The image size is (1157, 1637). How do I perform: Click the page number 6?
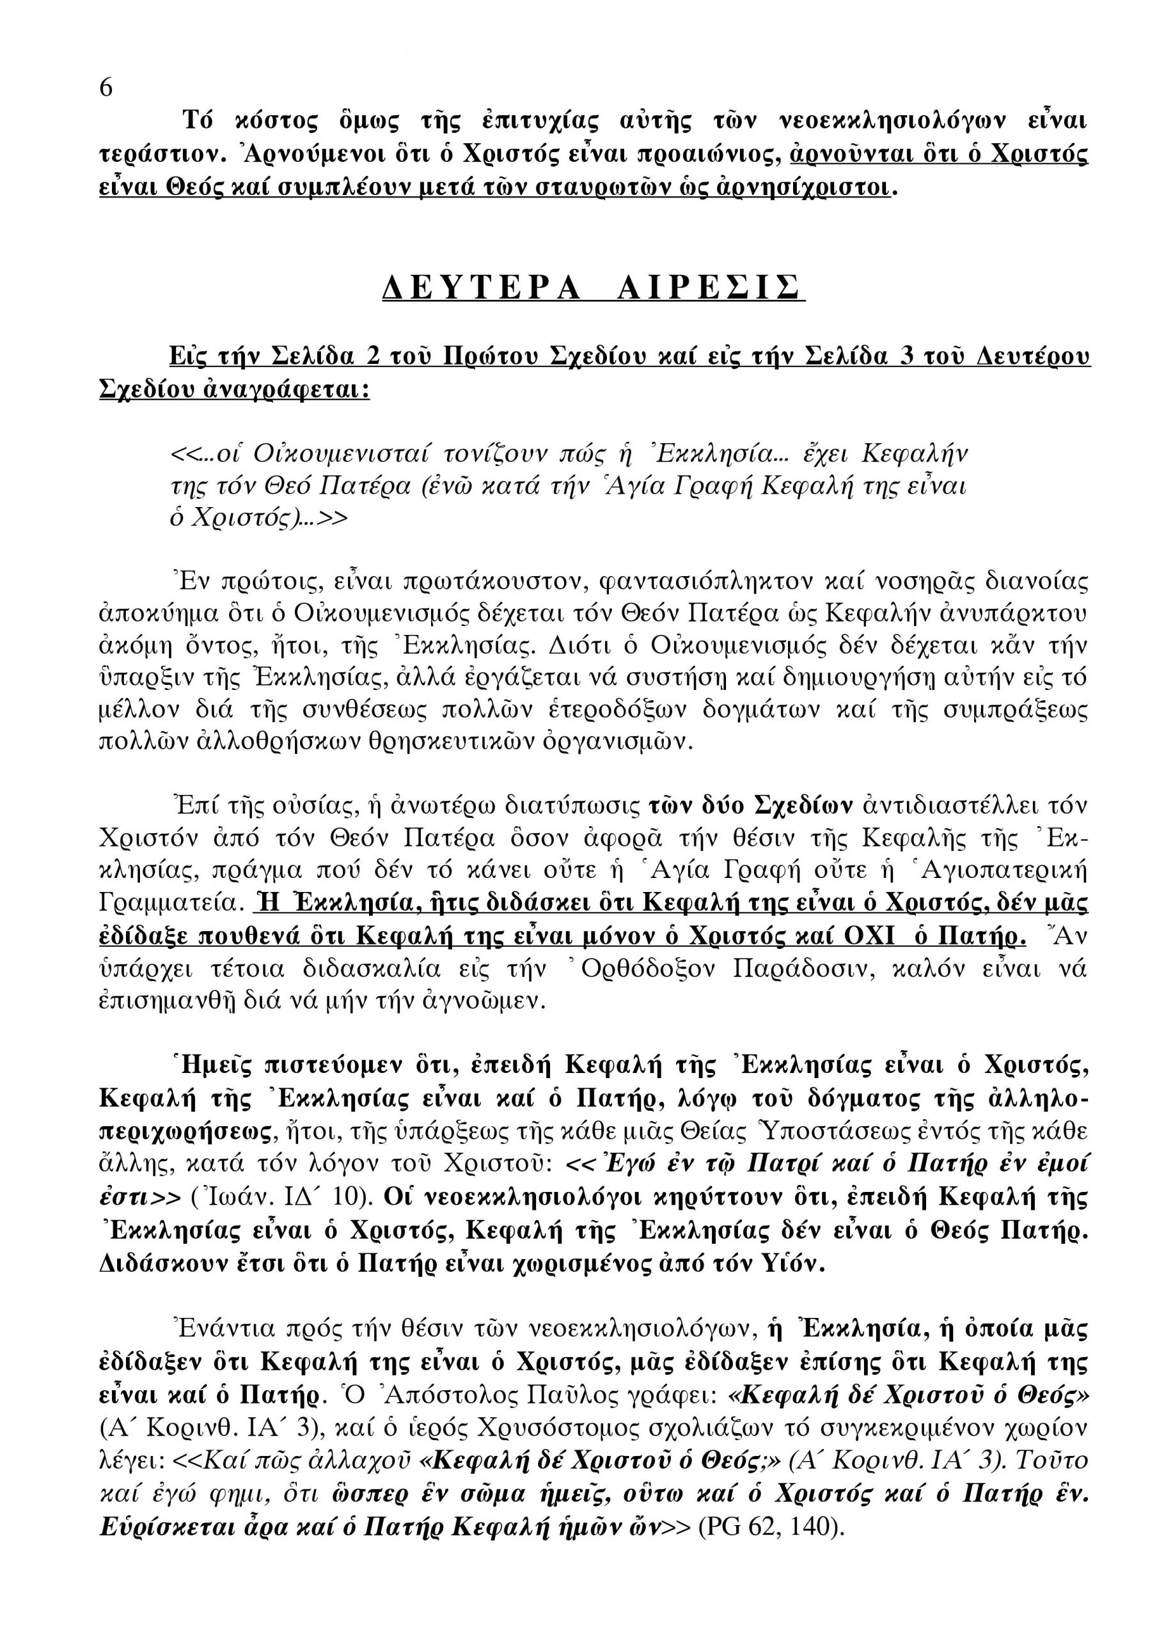106,88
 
